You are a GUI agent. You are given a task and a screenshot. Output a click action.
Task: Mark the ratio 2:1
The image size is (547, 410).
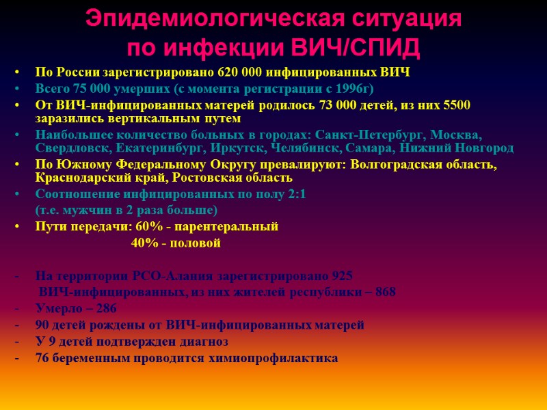pos(295,194)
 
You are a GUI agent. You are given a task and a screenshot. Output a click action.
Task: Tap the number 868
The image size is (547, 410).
pos(385,292)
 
